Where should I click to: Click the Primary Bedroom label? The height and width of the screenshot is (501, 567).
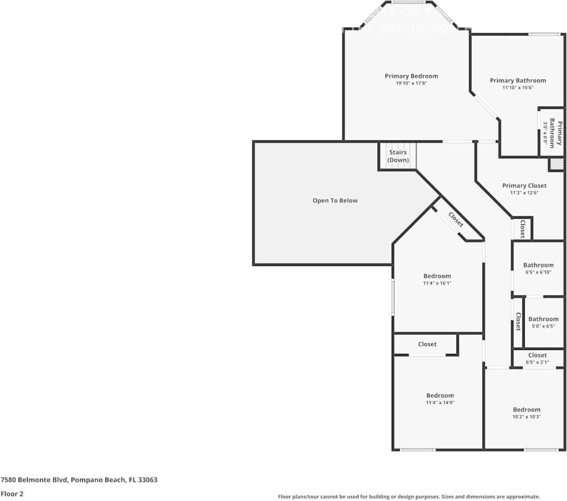click(411, 76)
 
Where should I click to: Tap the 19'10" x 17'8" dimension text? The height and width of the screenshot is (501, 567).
click(411, 83)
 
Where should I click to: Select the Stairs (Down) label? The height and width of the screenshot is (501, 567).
click(398, 156)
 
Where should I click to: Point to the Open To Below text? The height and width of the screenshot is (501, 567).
click(335, 201)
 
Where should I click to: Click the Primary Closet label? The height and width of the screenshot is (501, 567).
click(524, 185)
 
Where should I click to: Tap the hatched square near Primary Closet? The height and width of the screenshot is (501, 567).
click(556, 164)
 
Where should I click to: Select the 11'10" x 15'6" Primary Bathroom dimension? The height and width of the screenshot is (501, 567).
click(517, 88)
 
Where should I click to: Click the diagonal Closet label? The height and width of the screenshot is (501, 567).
click(456, 219)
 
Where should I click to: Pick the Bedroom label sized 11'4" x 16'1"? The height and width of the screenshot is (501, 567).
click(437, 276)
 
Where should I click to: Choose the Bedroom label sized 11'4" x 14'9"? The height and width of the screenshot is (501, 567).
click(440, 396)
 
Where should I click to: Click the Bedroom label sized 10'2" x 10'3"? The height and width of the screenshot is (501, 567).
click(526, 410)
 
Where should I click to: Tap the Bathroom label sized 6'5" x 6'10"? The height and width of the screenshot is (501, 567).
click(538, 265)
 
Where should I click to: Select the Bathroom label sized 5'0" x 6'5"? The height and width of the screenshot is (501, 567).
click(543, 319)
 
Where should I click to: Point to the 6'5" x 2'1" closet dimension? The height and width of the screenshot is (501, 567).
click(537, 362)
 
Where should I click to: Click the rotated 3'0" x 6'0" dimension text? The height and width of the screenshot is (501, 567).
click(545, 132)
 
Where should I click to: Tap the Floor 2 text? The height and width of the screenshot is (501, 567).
click(12, 494)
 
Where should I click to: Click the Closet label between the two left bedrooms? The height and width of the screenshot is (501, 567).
click(427, 344)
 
